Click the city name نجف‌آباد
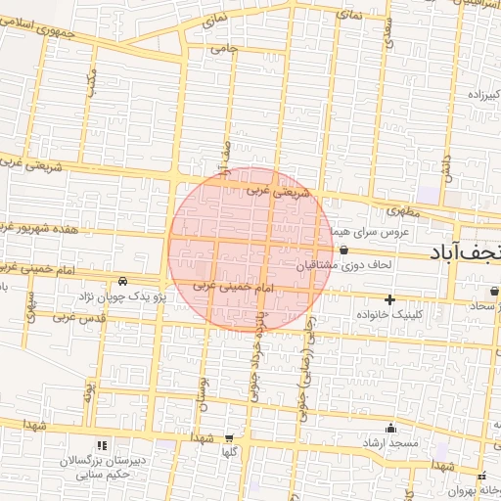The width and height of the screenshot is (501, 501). pyautogui.click(x=466, y=253)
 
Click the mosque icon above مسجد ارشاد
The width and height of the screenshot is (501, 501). pyautogui.click(x=391, y=427)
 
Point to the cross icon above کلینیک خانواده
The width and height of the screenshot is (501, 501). pyautogui.click(x=390, y=298)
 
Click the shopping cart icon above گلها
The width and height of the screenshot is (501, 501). pyautogui.click(x=229, y=438)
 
